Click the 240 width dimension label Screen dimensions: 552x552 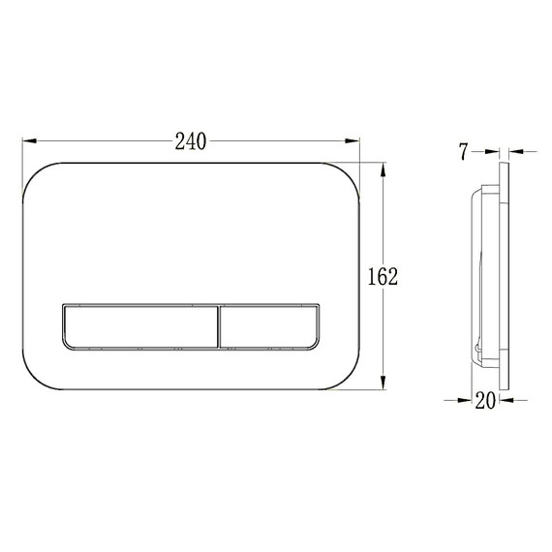191,141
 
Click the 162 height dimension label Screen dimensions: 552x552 383,276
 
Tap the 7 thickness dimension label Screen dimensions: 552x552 464,152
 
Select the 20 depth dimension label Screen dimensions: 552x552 485,400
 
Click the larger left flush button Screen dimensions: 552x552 140,327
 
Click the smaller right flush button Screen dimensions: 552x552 269,327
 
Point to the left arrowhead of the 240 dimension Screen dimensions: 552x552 30,140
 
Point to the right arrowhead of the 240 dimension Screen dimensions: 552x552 353,140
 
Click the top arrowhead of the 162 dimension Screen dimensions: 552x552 383,169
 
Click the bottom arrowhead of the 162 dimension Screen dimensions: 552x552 383,383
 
